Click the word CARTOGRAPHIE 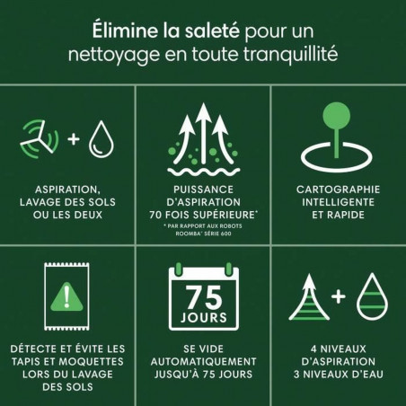[337, 191]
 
